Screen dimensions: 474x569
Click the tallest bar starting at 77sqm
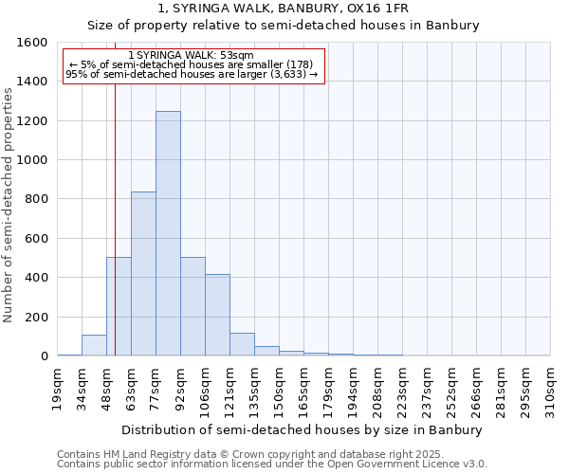(168, 233)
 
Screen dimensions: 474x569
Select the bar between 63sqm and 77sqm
(143, 273)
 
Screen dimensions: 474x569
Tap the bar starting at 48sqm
(119, 306)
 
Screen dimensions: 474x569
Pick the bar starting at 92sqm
(193, 306)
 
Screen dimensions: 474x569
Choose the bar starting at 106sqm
(217, 315)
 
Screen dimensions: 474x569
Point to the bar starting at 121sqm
(242, 344)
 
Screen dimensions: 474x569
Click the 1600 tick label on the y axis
(33, 43)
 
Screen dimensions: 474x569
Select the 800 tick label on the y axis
(37, 199)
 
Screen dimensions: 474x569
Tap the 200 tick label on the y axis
(37, 317)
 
